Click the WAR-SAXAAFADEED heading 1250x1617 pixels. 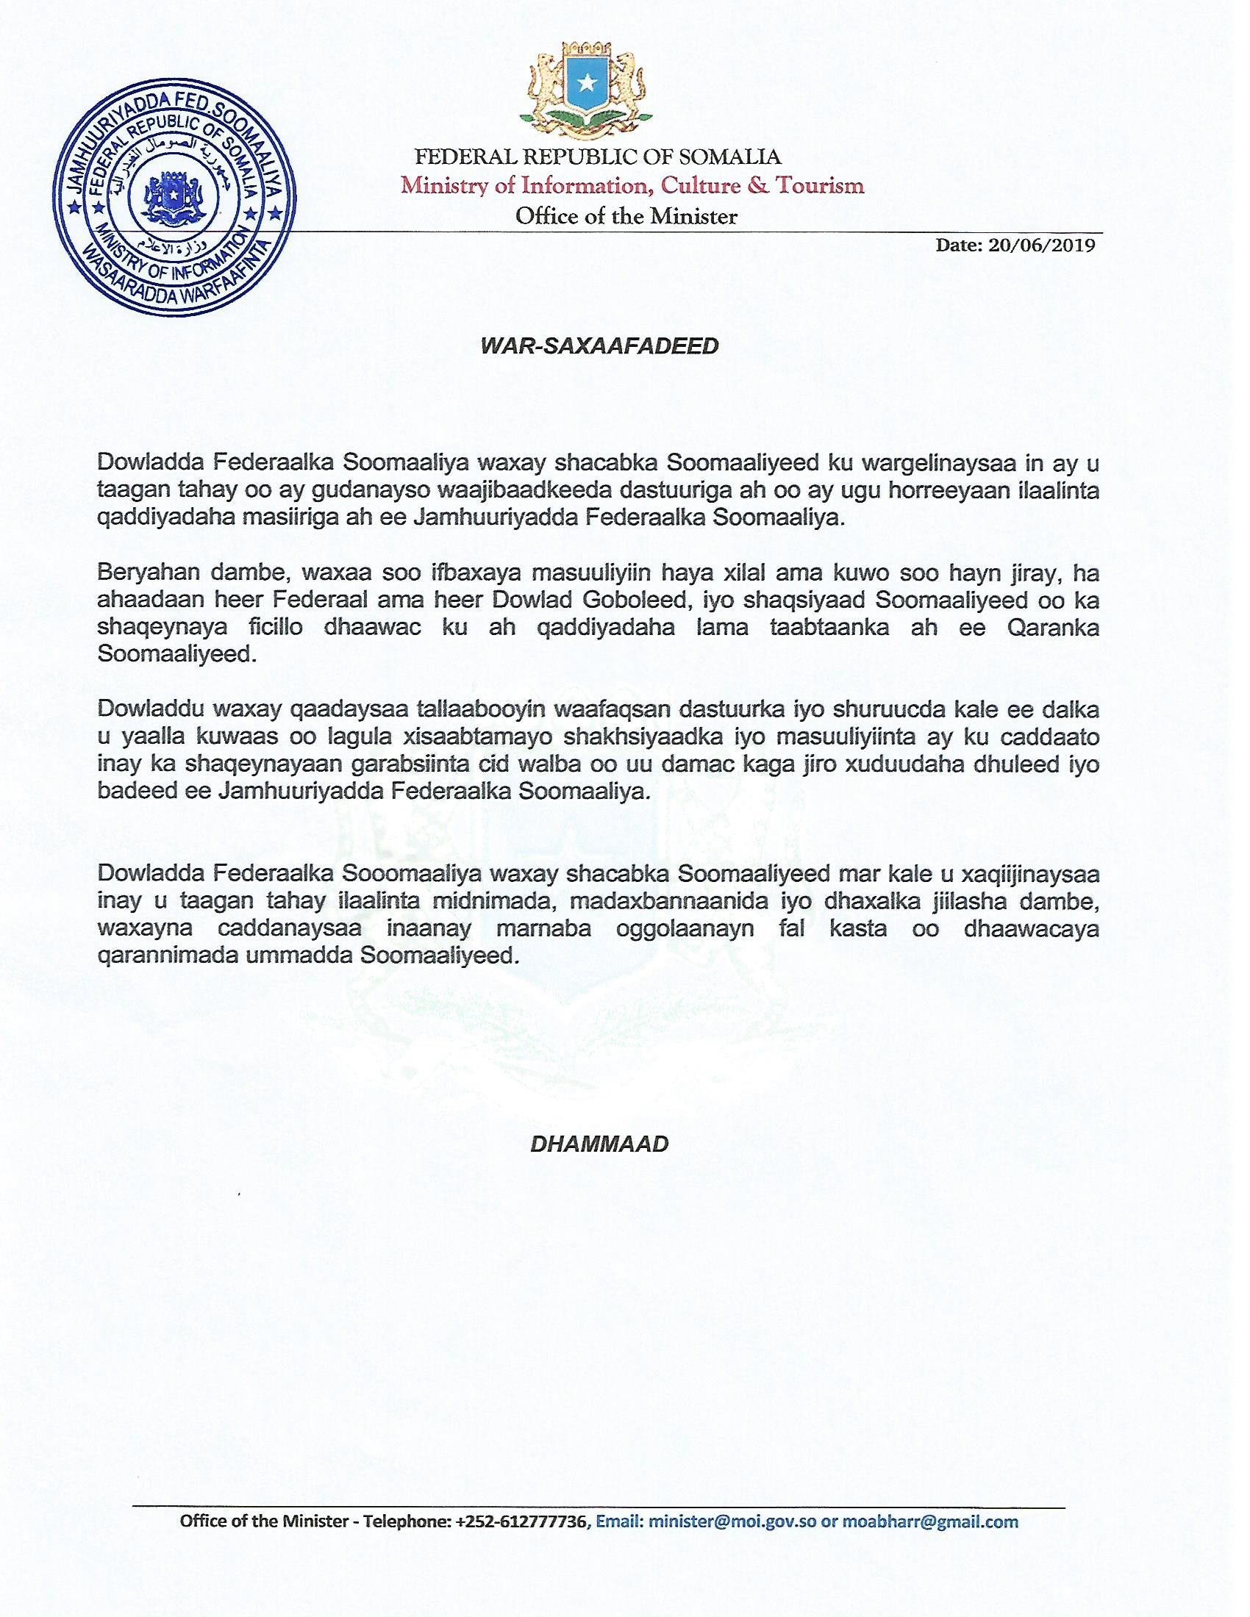pos(599,346)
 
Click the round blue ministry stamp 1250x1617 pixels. pos(174,199)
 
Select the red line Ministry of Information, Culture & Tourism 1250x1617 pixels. pos(632,185)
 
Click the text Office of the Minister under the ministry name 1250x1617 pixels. pos(626,216)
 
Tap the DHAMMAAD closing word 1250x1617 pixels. pos(599,1144)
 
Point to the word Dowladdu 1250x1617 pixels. pos(150,709)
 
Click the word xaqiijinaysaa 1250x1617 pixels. pos(1030,874)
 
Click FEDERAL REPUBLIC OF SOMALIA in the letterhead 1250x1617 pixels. pos(598,157)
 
